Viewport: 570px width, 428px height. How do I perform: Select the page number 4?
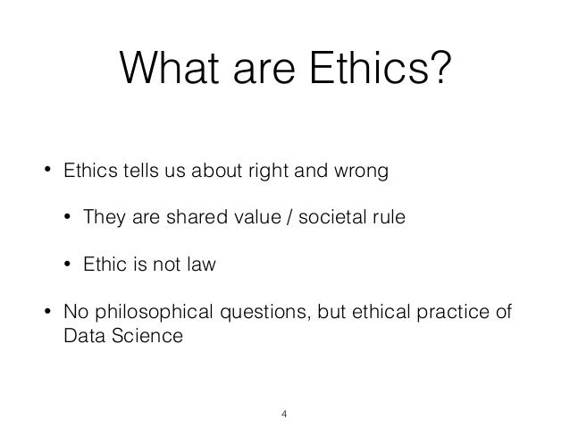click(284, 413)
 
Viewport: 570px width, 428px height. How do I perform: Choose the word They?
click(105, 218)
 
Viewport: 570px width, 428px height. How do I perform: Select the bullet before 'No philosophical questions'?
click(46, 313)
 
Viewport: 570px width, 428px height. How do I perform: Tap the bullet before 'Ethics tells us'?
click(46, 171)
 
